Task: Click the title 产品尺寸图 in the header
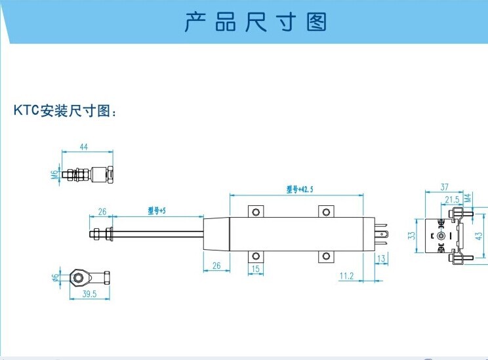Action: pyautogui.click(x=255, y=22)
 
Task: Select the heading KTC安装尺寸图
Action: pyautogui.click(x=65, y=110)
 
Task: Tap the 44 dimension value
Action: pyautogui.click(x=83, y=147)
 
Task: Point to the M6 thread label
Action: pyautogui.click(x=54, y=174)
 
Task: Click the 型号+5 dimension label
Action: pyautogui.click(x=157, y=210)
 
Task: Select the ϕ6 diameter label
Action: pyautogui.click(x=54, y=277)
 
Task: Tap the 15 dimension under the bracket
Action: pyautogui.click(x=256, y=269)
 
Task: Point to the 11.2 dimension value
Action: pyautogui.click(x=347, y=277)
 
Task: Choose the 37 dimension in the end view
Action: pyautogui.click(x=444, y=187)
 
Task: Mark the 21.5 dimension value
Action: pyautogui.click(x=452, y=199)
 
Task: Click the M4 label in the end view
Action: pyautogui.click(x=468, y=198)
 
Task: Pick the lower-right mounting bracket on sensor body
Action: pyautogui.click(x=325, y=256)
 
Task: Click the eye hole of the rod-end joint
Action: pyautogui.click(x=79, y=277)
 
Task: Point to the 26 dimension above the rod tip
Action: pyautogui.click(x=102, y=211)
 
